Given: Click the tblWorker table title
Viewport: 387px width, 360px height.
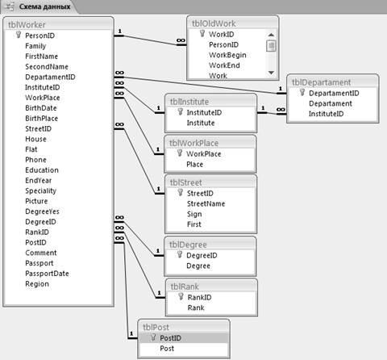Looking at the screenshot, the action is [x=27, y=25].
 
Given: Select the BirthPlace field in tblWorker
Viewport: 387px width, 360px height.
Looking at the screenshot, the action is [x=41, y=119].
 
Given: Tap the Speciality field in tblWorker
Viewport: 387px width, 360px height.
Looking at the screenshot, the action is [x=40, y=190].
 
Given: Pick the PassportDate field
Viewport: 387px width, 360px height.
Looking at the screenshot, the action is [x=47, y=274].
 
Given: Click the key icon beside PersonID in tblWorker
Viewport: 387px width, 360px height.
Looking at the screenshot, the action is [x=19, y=35].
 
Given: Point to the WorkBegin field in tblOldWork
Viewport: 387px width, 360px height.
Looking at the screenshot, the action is [x=227, y=55].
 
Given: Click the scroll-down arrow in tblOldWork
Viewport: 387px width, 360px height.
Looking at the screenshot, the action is [x=271, y=73].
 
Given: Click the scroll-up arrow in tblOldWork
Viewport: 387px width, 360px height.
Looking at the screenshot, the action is [x=271, y=35].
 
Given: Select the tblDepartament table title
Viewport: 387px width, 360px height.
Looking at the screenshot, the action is [x=321, y=82].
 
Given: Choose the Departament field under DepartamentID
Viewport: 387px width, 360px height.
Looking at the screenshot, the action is [x=331, y=103].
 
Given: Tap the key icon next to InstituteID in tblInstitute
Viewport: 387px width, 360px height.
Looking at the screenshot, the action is [x=181, y=111].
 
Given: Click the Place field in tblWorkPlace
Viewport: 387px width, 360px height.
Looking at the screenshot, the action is [x=194, y=165].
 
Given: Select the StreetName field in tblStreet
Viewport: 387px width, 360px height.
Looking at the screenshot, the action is [x=206, y=203].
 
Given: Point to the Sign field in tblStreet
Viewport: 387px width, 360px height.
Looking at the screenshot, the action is [x=194, y=214].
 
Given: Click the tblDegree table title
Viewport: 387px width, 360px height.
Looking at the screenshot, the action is [x=188, y=245].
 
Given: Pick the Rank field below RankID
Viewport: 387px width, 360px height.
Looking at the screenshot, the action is [x=196, y=308].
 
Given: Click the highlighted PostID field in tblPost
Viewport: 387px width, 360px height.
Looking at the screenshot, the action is [x=170, y=338].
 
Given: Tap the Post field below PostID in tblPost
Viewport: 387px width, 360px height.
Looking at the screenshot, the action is [x=167, y=349].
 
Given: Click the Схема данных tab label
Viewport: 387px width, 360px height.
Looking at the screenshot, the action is [x=44, y=6].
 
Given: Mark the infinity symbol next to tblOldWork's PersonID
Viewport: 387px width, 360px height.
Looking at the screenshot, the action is [x=181, y=40].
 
